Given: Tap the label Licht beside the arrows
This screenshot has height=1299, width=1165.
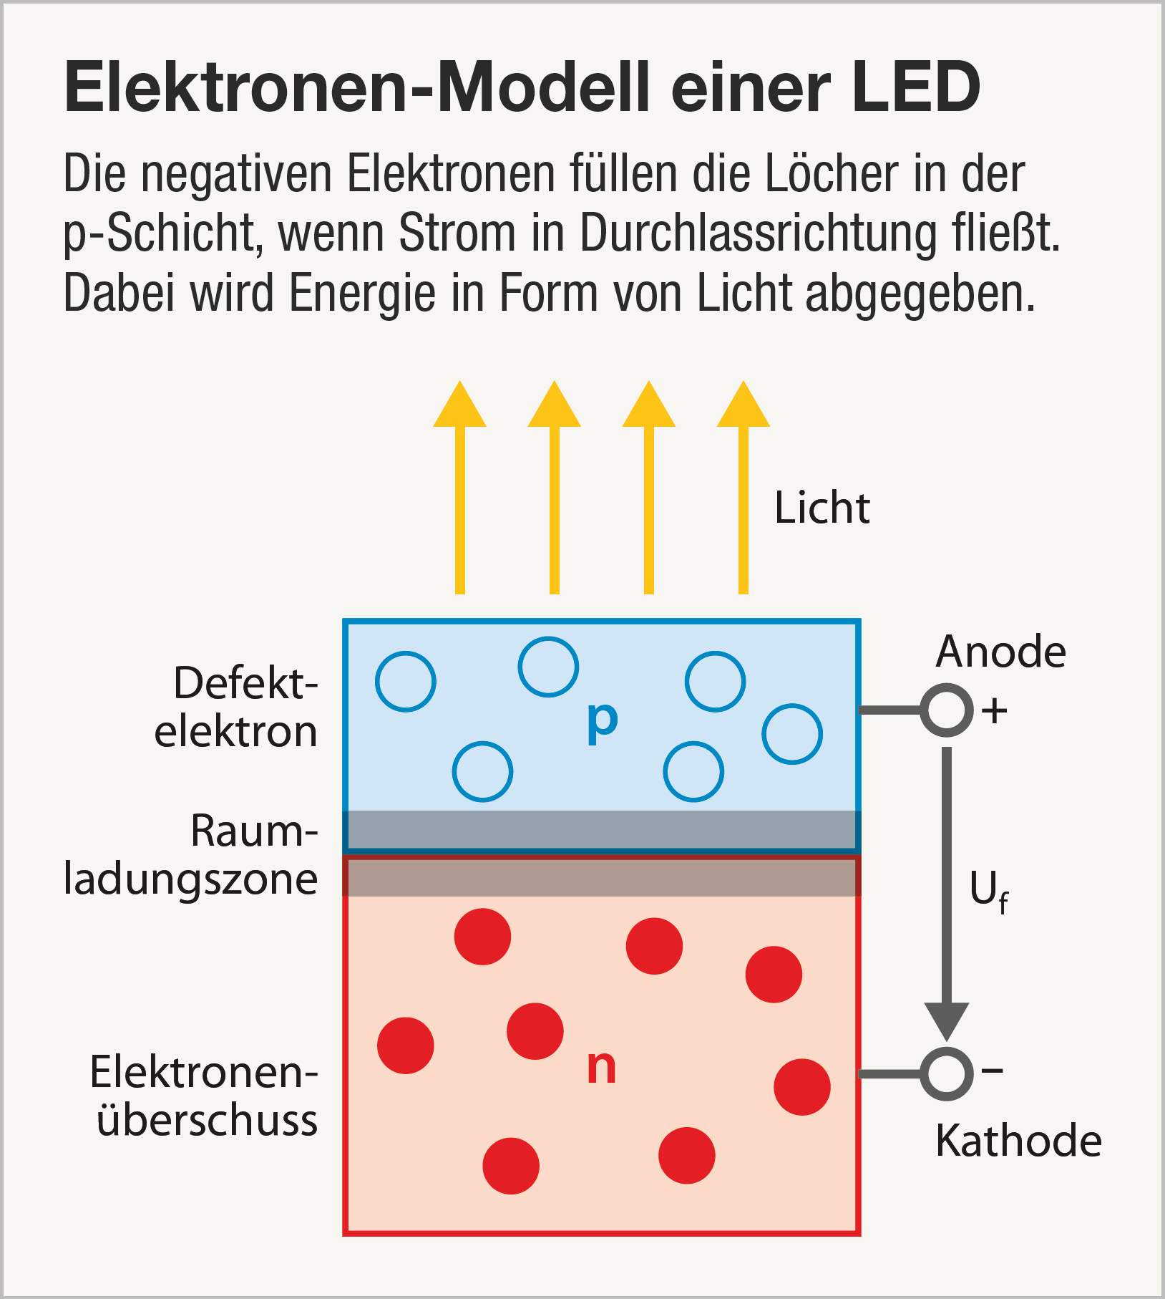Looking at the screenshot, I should [x=822, y=509].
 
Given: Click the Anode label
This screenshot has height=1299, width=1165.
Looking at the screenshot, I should [x=1000, y=652].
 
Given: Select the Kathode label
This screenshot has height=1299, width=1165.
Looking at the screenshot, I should [x=1018, y=1141].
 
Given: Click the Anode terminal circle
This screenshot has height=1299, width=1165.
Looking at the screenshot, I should [x=946, y=710].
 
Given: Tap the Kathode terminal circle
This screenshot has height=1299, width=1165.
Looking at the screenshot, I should [x=946, y=1073].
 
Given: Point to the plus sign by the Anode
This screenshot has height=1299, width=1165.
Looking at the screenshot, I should [x=994, y=711].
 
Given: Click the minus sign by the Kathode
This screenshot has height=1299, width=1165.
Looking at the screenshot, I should [x=993, y=1071].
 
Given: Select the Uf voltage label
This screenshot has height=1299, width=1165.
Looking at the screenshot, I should [x=988, y=892].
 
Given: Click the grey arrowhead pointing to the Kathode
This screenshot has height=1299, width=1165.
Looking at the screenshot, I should [x=947, y=1020].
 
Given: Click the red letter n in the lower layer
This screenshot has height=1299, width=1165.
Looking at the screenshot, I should [x=601, y=1067].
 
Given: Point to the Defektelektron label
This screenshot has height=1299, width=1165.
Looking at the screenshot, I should [x=236, y=708].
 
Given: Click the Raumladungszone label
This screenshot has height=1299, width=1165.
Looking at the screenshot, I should [x=192, y=855].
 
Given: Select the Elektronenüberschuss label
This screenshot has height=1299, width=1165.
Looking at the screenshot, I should [x=205, y=1096].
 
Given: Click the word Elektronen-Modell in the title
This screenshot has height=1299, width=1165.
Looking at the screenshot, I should [x=357, y=87].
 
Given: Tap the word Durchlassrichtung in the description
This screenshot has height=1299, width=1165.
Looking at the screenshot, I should [x=757, y=234].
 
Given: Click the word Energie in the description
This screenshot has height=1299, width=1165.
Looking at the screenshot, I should [x=362, y=294].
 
